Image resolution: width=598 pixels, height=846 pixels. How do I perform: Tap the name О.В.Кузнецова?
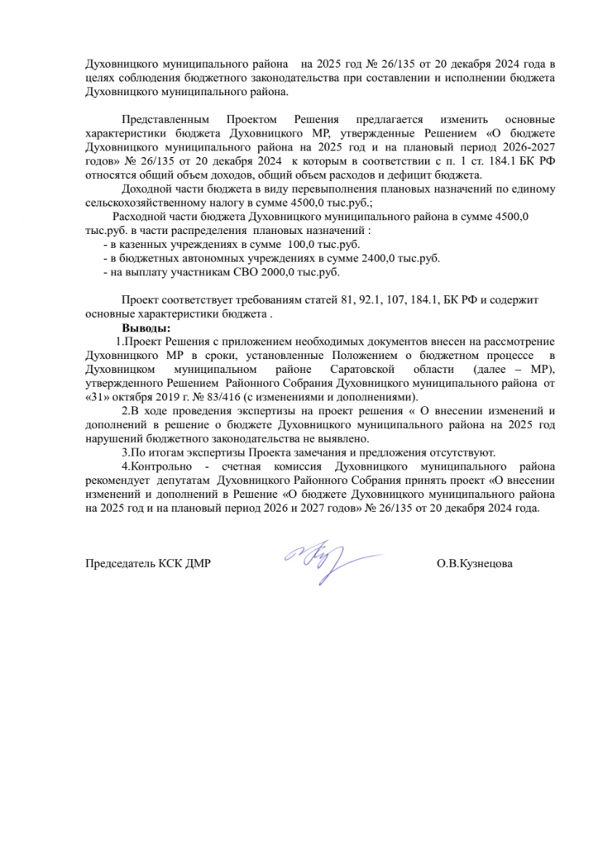(x=475, y=565)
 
